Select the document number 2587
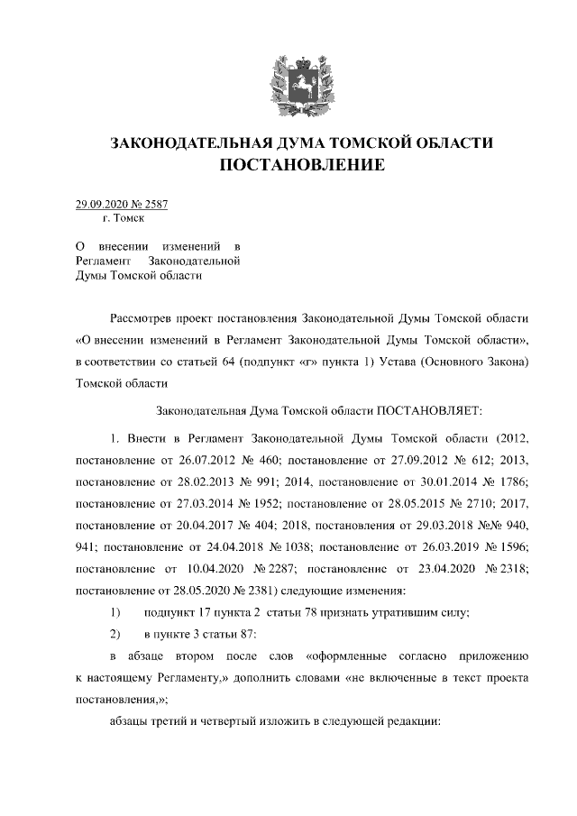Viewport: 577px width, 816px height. [x=155, y=205]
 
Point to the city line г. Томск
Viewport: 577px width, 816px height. [x=124, y=218]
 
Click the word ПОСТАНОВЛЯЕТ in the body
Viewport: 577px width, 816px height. [x=429, y=410]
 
